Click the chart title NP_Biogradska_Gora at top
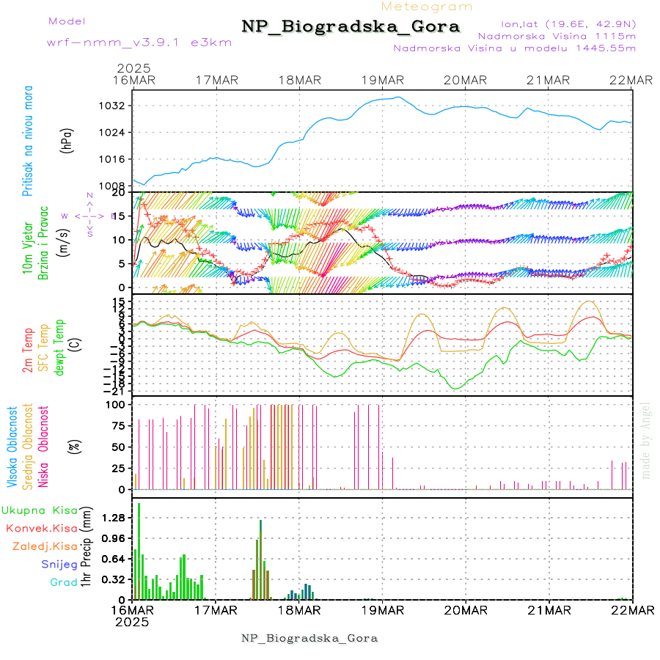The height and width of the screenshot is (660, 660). pos(351,27)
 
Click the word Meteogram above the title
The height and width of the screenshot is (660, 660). pos(428,7)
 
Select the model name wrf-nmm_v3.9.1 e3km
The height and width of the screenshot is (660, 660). pos(139,43)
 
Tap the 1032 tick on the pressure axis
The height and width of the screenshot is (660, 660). pos(114,106)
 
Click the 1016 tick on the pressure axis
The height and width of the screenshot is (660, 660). pos(114,159)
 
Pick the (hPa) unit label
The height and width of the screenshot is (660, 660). pos(67,140)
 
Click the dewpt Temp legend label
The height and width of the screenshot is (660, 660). pos(59,347)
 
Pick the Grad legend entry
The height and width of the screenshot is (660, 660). pos(64,583)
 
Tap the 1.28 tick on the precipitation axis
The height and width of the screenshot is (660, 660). pos(113,518)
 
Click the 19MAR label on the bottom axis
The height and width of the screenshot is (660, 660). pos(382,610)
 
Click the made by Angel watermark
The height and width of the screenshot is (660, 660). pos(646,440)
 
